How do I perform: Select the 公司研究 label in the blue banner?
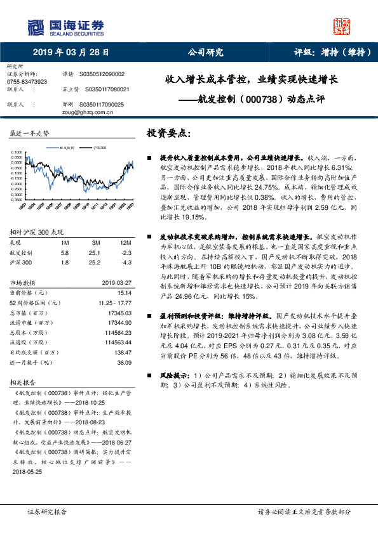tap(205, 53)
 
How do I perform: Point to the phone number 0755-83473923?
tap(26, 82)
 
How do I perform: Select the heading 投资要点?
tap(168, 134)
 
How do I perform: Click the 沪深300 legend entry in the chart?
tap(98, 147)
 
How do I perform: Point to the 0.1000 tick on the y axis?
tap(17, 152)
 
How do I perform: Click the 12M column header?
tap(125, 243)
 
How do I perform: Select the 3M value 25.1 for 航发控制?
tap(95, 252)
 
